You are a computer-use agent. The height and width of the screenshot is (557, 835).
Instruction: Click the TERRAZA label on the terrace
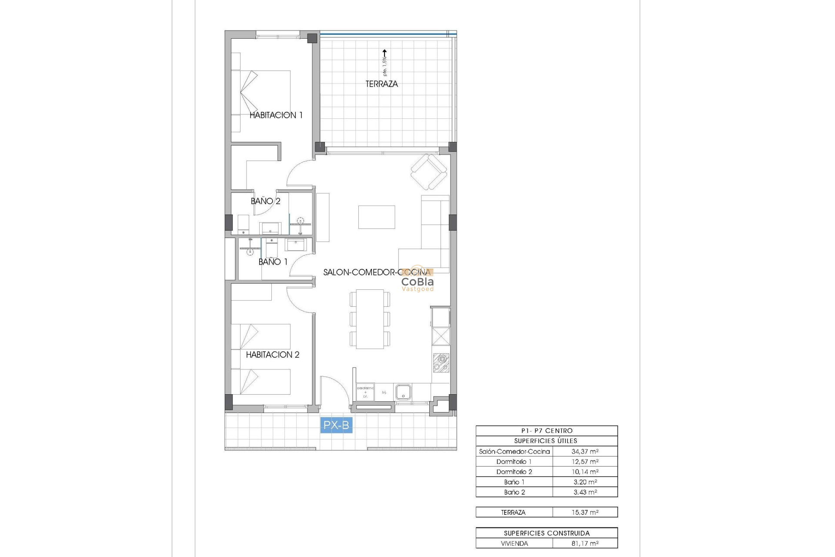(381, 84)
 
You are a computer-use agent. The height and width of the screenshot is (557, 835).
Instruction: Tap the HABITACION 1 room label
(276, 115)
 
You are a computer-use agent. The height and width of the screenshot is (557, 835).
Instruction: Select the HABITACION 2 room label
(273, 355)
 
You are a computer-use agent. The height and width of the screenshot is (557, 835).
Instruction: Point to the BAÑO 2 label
(265, 201)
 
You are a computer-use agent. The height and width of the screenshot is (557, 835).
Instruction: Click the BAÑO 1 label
(273, 262)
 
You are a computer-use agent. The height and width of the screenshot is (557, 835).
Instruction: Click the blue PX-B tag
(336, 425)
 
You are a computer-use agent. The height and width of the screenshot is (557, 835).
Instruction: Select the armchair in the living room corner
(429, 172)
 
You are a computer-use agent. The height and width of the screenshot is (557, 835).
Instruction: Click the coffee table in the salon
(377, 217)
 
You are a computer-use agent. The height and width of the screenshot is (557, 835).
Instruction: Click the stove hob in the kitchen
(441, 363)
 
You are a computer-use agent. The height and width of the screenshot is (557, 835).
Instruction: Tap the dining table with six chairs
(370, 319)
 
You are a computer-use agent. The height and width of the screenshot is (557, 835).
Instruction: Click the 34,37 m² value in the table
(584, 452)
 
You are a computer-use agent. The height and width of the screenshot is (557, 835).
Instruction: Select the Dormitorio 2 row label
(514, 472)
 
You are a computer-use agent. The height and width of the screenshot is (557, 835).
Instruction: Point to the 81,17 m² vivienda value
(584, 544)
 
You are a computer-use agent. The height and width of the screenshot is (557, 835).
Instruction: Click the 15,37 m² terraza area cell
(584, 513)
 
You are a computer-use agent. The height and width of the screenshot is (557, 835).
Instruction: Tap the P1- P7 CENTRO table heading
(547, 431)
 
